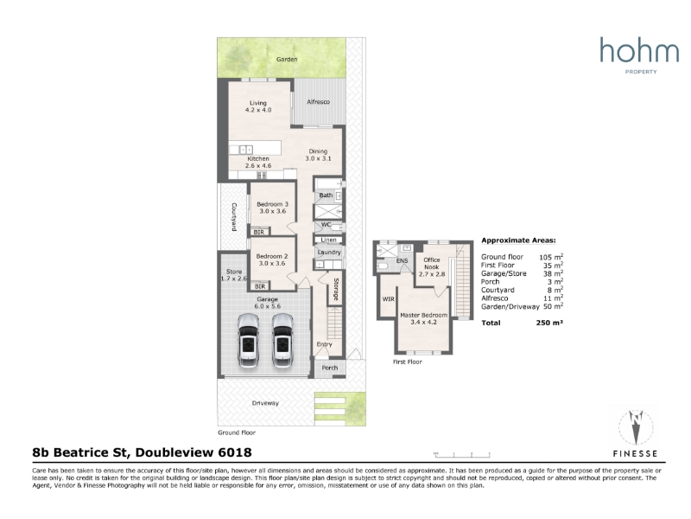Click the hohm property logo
click(x=639, y=55)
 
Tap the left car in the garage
click(x=248, y=340)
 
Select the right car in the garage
click(x=282, y=340)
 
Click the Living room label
click(x=258, y=106)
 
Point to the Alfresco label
click(x=318, y=101)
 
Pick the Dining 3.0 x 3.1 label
click(x=318, y=155)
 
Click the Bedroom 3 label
click(x=272, y=208)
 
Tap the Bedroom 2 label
click(x=272, y=259)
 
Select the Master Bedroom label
click(x=423, y=318)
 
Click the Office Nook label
click(x=432, y=266)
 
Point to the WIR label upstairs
click(x=388, y=299)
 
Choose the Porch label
click(x=330, y=368)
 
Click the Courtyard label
click(x=234, y=217)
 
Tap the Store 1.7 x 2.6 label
click(x=234, y=275)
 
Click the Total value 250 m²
click(x=549, y=323)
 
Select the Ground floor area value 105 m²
click(x=551, y=257)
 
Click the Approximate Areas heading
click(x=519, y=240)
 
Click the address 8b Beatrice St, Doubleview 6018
click(x=142, y=452)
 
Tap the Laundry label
click(x=329, y=253)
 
